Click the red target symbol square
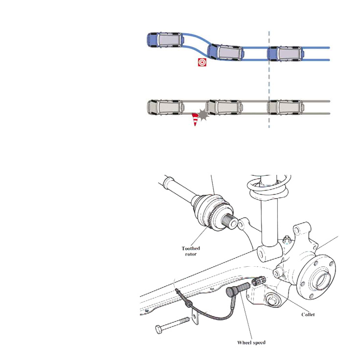coord(202,62)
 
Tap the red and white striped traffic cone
coord(195,119)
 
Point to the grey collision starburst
coord(203,115)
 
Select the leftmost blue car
coord(165,40)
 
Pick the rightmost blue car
coord(286,54)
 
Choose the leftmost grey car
coord(165,107)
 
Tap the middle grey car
coord(225,107)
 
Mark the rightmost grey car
coord(286,107)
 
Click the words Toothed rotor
coord(191,251)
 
